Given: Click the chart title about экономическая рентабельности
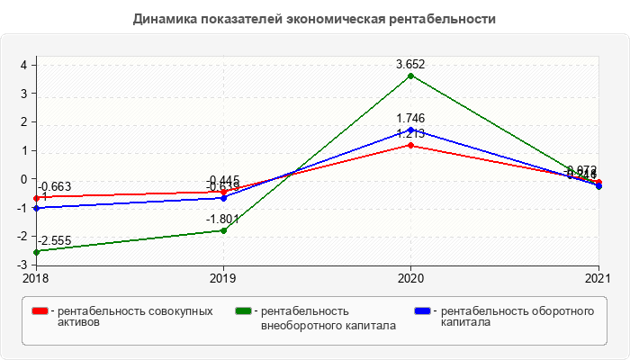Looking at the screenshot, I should (314, 18).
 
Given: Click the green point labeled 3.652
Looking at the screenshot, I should (411, 76).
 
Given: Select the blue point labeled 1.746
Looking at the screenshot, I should (411, 130).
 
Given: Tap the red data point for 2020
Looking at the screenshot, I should (411, 145).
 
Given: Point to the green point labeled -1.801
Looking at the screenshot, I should (223, 230).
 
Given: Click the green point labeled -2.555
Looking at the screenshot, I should (36, 252).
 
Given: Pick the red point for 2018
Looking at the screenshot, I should (36, 198).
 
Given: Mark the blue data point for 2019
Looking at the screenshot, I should (223, 197).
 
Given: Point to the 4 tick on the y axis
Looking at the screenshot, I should (24, 65).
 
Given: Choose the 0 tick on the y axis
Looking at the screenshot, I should (24, 179).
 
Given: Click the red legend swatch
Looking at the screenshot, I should (40, 311).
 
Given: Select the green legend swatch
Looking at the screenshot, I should (242, 311).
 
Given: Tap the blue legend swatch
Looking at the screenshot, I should (421, 311).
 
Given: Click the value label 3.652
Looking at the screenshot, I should (411, 64).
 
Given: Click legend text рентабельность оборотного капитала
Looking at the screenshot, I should (517, 317).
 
